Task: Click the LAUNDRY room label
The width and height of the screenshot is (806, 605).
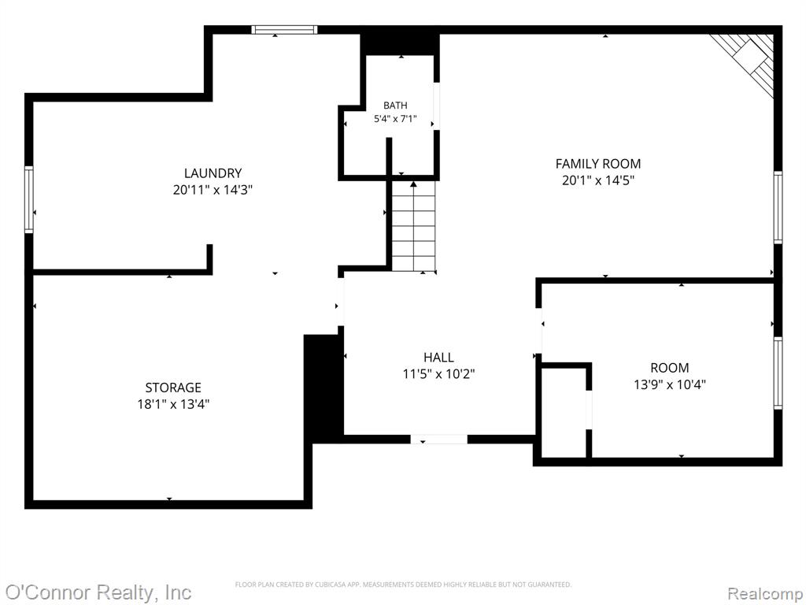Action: [x=213, y=173]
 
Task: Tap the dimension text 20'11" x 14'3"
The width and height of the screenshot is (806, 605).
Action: [x=213, y=190]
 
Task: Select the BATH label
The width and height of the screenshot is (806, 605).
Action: [x=395, y=106]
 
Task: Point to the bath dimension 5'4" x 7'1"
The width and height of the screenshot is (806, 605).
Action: [x=395, y=119]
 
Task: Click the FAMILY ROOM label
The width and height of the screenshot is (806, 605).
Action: [x=598, y=164]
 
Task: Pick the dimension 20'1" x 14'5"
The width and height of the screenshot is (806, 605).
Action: [x=598, y=180]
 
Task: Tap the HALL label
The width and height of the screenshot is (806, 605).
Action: [x=438, y=357]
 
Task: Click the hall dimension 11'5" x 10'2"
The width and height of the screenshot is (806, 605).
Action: [x=438, y=373]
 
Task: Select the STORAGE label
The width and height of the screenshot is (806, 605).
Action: [x=173, y=388]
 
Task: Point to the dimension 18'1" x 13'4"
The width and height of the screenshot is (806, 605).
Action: [x=173, y=404]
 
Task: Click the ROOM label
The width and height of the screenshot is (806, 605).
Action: [x=669, y=368]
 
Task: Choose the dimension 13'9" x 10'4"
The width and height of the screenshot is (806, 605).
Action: [x=669, y=384]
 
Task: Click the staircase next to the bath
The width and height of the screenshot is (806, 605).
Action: [x=414, y=226]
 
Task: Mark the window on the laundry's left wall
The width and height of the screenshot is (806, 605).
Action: [x=29, y=199]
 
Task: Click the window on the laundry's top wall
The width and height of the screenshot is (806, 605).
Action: [x=284, y=30]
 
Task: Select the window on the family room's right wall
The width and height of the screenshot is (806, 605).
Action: [x=778, y=207]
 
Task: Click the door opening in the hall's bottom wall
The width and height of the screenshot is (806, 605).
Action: [x=438, y=440]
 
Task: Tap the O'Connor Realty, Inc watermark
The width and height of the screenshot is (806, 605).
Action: [x=98, y=592]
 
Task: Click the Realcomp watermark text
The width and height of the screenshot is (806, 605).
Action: [x=765, y=593]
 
